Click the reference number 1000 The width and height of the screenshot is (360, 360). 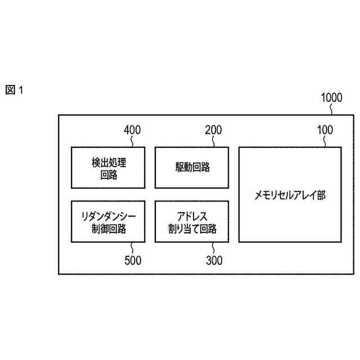click(x=331, y=97)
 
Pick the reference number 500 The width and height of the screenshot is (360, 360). click(x=132, y=260)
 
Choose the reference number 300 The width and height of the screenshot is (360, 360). click(x=214, y=260)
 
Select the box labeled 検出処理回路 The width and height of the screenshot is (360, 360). click(x=108, y=168)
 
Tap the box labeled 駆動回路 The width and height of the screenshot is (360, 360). click(x=191, y=168)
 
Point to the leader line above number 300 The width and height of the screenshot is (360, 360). click(x=213, y=248)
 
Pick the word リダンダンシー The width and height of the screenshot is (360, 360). click(x=108, y=215)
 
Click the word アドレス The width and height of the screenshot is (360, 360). click(x=192, y=215)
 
